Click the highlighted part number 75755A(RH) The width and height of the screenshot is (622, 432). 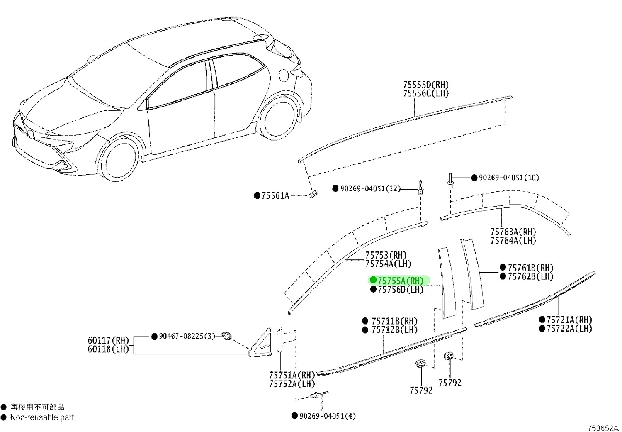click(x=401, y=281)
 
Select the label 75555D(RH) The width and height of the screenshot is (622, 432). click(x=426, y=85)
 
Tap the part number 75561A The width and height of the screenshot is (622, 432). click(x=275, y=195)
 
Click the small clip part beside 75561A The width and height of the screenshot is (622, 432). click(x=313, y=194)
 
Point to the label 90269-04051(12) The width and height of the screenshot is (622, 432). click(x=370, y=189)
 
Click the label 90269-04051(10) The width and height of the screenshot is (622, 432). click(x=509, y=178)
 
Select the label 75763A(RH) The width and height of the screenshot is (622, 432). click(x=513, y=232)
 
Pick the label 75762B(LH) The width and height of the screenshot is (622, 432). click(x=531, y=276)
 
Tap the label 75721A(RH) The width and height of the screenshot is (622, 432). click(x=569, y=320)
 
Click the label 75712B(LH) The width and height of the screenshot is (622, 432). click(x=395, y=330)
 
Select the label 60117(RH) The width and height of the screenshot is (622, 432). click(x=108, y=340)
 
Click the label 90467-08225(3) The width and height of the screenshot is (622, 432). click(x=187, y=337)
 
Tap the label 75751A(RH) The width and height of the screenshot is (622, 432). click(x=292, y=375)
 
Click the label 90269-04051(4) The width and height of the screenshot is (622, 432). click(x=328, y=416)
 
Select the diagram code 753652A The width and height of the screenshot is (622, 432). click(x=603, y=427)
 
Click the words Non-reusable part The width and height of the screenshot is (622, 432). click(x=42, y=417)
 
